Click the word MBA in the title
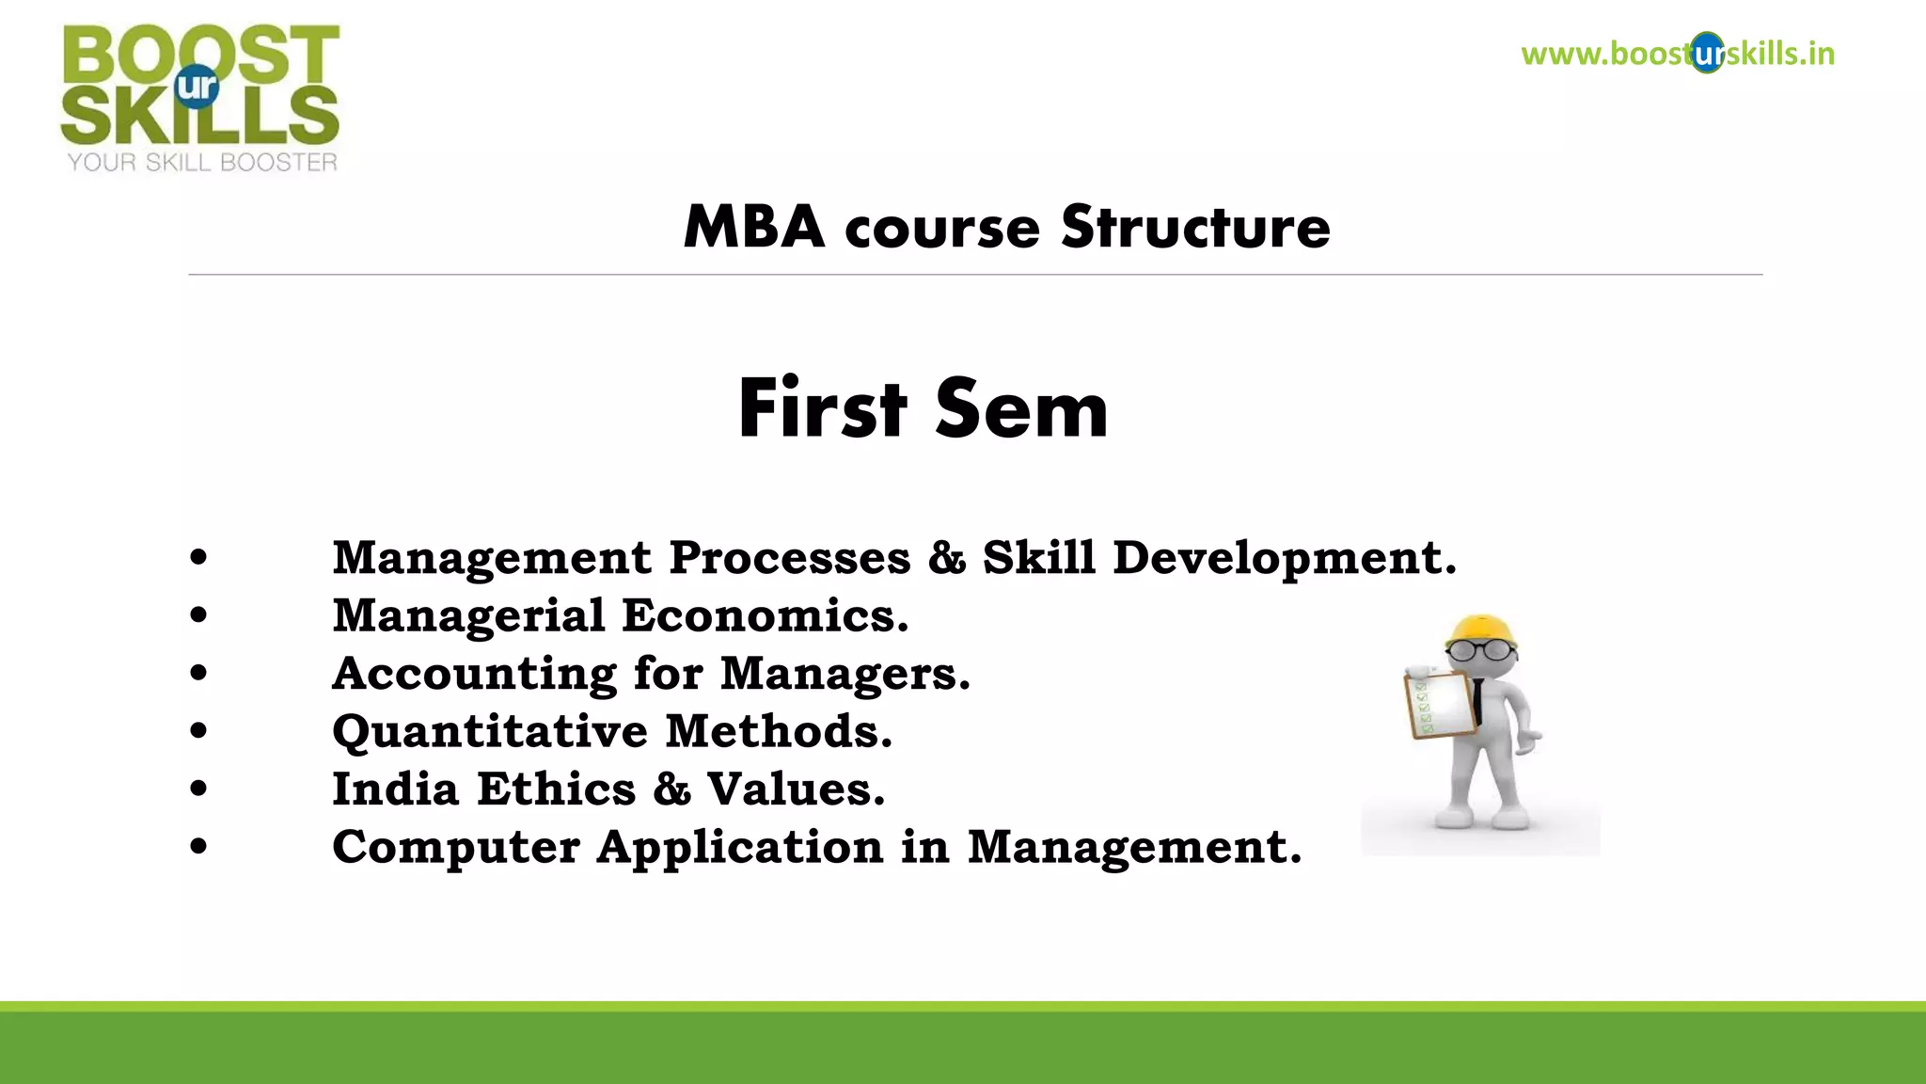[753, 229]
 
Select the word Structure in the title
[1195, 229]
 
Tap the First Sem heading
[923, 409]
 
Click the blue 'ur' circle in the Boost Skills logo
[197, 88]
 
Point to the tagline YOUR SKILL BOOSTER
[202, 163]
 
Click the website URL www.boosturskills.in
[1678, 54]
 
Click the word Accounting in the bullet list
[474, 675]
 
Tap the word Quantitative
[490, 732]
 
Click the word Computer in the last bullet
[456, 848]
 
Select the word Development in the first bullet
[1285, 558]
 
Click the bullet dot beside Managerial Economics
[198, 616]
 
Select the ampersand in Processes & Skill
[947, 558]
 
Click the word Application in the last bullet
[740, 848]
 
